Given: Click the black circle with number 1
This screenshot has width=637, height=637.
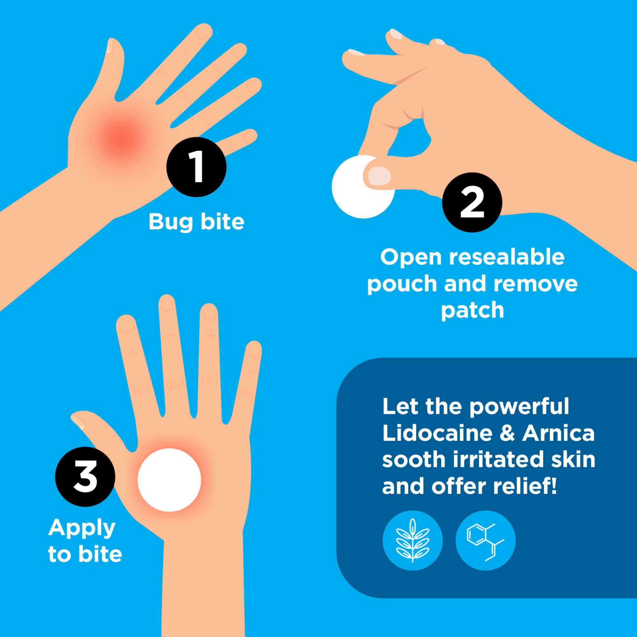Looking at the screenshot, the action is pyautogui.click(x=196, y=167).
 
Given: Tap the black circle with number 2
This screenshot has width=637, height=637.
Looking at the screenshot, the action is pyautogui.click(x=472, y=202).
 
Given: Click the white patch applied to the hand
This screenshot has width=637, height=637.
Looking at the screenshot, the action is pyautogui.click(x=169, y=480).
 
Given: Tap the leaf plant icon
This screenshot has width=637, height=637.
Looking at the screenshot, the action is pyautogui.click(x=412, y=541).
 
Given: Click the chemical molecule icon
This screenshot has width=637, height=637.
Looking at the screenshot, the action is pyautogui.click(x=485, y=541).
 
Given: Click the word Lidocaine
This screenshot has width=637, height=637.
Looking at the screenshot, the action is pyautogui.click(x=438, y=433).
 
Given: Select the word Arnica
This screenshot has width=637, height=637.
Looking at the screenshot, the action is pyautogui.click(x=558, y=433).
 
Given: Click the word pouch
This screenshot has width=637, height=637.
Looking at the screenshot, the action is pyautogui.click(x=402, y=284).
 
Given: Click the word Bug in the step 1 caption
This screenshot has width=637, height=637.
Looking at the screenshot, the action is pyautogui.click(x=170, y=222).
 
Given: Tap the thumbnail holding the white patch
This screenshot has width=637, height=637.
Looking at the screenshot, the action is pyautogui.click(x=379, y=176).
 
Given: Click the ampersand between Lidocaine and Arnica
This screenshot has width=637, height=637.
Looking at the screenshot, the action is pyautogui.click(x=507, y=433).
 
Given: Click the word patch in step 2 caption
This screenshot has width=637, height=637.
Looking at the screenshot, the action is pyautogui.click(x=472, y=311).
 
